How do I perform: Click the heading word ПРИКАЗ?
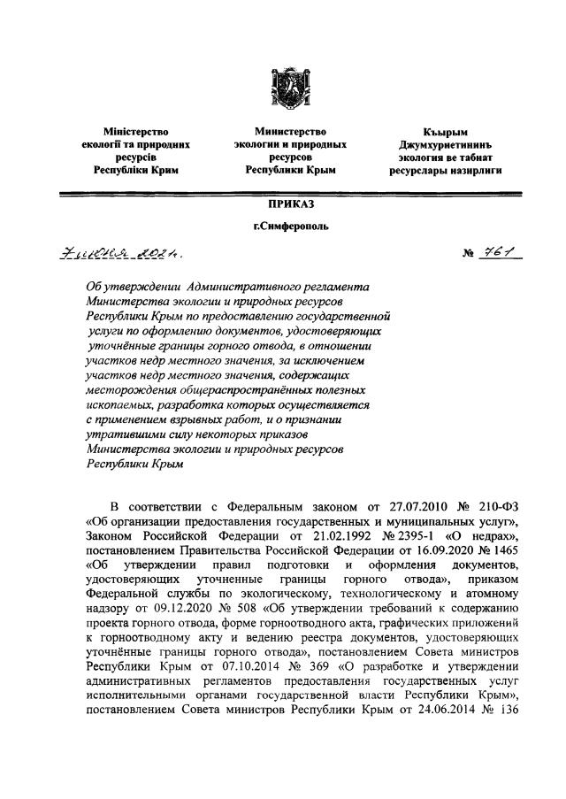pos(282,204)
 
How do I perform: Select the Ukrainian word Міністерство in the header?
pos(136,130)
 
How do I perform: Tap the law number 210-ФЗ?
pos(505,508)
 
